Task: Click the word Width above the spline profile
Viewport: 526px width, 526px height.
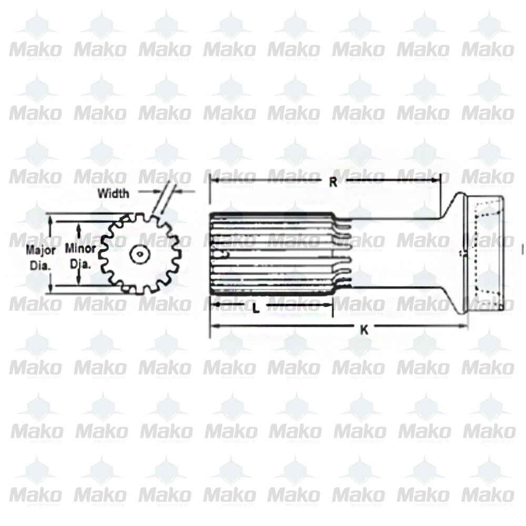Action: tap(113, 193)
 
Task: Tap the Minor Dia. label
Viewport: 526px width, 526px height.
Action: tap(80, 256)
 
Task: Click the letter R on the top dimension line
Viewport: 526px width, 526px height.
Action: tap(333, 182)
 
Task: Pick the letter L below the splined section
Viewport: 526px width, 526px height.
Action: tap(256, 309)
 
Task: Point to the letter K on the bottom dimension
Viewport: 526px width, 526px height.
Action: tap(363, 330)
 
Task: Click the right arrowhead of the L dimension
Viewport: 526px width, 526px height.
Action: tap(330, 305)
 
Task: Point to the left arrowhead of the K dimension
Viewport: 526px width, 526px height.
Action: tap(213, 326)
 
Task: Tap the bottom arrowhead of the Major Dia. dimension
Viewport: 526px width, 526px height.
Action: tap(50, 288)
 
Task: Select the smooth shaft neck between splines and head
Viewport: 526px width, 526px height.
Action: tap(394, 252)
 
